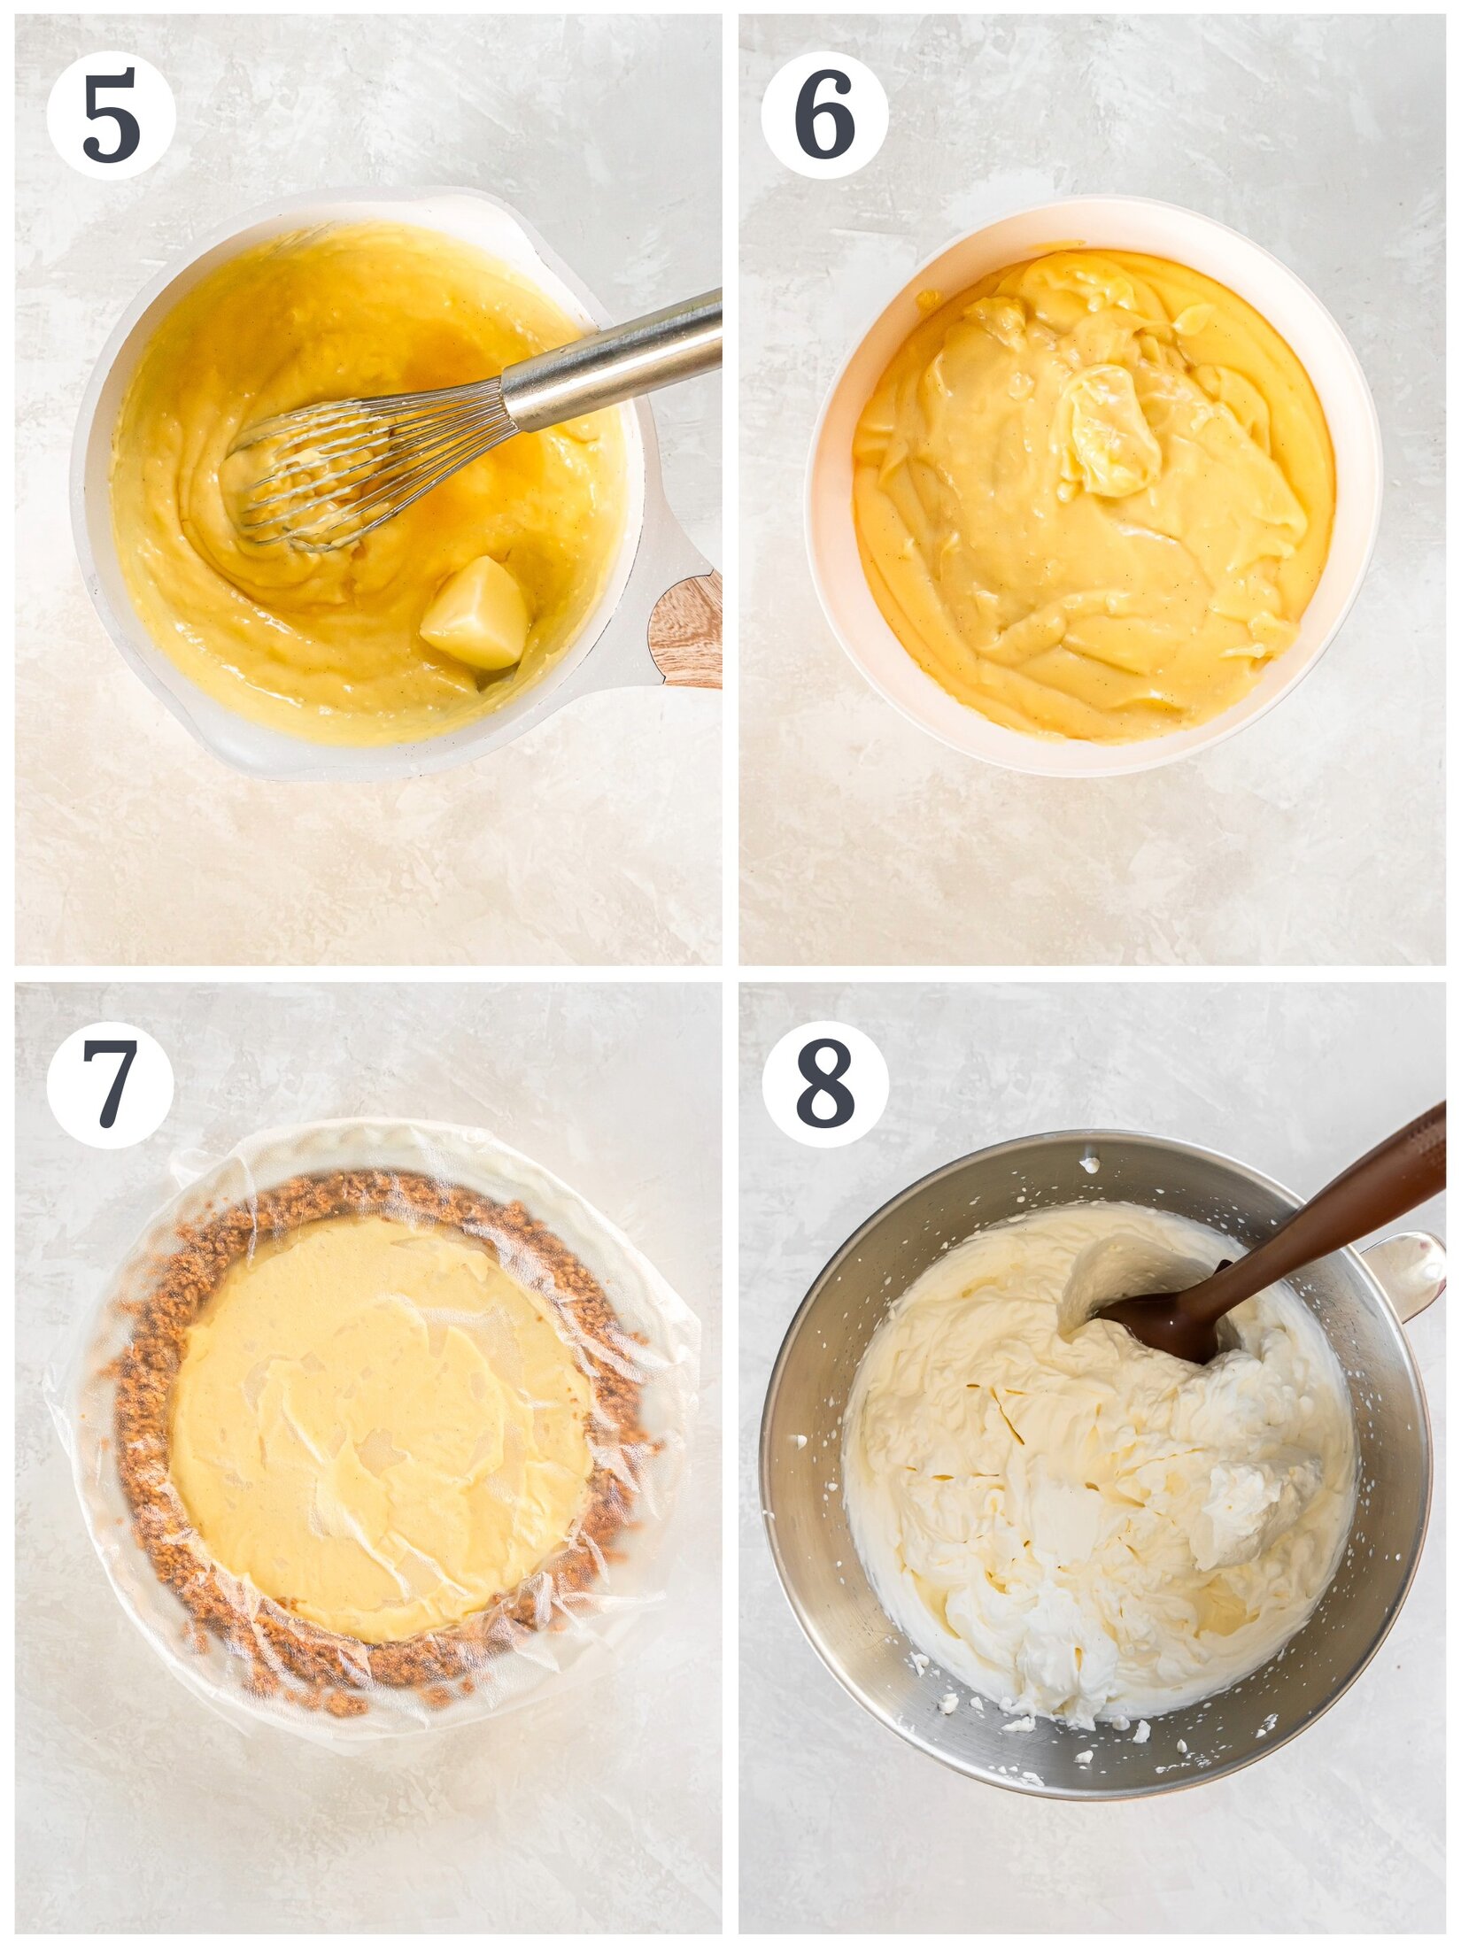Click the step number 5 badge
111,115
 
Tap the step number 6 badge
824,115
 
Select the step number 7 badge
111,1085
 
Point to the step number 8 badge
824,1085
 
